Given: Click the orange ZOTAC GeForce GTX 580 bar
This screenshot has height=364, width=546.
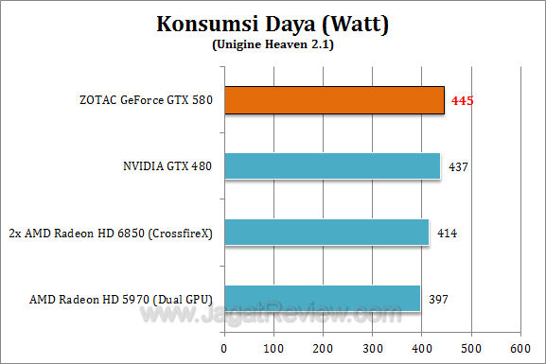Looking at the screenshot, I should point(334,100).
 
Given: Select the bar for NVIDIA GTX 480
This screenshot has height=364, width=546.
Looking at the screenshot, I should point(332,166).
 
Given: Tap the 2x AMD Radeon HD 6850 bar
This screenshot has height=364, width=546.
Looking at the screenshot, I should point(326,233).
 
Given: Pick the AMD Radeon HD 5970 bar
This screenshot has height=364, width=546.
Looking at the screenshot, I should point(322,299).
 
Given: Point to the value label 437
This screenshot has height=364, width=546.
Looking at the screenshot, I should point(457,167).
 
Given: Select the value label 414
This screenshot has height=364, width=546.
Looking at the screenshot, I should point(446,234).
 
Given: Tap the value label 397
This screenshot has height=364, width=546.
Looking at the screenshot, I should point(437,300).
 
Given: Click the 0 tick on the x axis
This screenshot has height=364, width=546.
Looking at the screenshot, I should point(225,347).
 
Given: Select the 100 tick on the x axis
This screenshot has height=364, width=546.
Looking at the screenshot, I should point(274,347).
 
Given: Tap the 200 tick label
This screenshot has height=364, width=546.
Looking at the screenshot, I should point(324,347).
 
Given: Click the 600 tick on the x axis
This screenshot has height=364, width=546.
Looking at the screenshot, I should point(520,347).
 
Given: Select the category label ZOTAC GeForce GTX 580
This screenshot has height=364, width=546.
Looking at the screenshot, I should point(148,101).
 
